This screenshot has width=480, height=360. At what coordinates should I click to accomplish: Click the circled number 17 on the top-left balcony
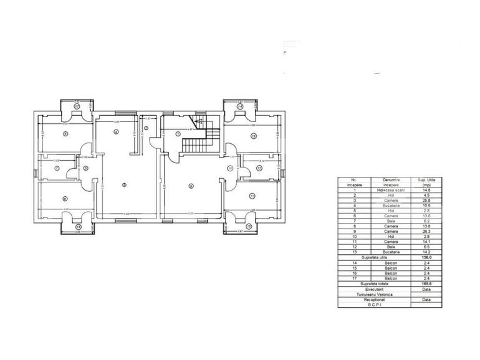[x=77, y=107]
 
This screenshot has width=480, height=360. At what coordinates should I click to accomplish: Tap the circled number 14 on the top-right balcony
[x=240, y=107]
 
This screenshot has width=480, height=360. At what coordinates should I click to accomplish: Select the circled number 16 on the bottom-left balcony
[x=78, y=227]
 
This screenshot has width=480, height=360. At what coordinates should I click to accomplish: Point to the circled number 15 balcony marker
[x=248, y=227]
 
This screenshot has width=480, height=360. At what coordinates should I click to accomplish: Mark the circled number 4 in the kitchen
[x=116, y=131]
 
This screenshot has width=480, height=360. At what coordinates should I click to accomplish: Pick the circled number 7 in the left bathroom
[x=57, y=168]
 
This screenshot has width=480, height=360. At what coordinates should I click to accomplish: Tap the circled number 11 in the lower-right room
[x=252, y=196]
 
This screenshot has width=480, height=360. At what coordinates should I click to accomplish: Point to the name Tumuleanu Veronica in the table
[x=374, y=293]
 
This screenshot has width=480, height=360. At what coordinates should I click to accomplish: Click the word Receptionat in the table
[x=374, y=299]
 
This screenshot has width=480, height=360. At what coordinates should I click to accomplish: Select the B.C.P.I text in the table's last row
[x=374, y=304]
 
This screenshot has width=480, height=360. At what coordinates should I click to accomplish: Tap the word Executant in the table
[x=374, y=288]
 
